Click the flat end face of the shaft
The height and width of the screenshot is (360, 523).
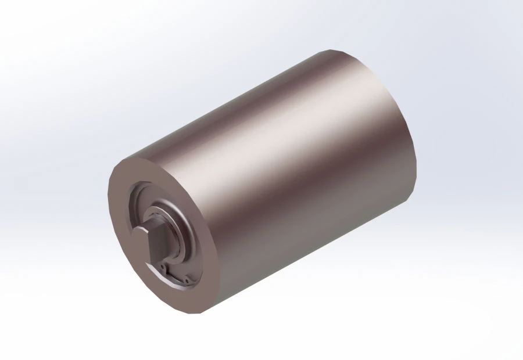(x=140, y=239)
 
